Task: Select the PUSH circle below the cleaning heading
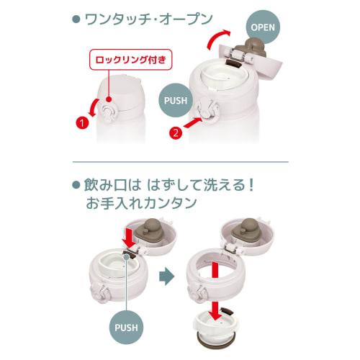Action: (x=126, y=328)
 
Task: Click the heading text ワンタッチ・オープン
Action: (x=146, y=16)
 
